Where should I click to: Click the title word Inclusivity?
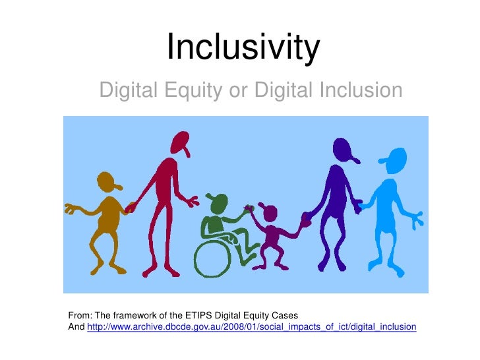coord(243,48)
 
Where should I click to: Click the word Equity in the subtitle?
coord(191,90)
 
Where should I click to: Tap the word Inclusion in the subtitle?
coord(356,90)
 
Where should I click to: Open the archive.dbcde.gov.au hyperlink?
coord(251,326)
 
